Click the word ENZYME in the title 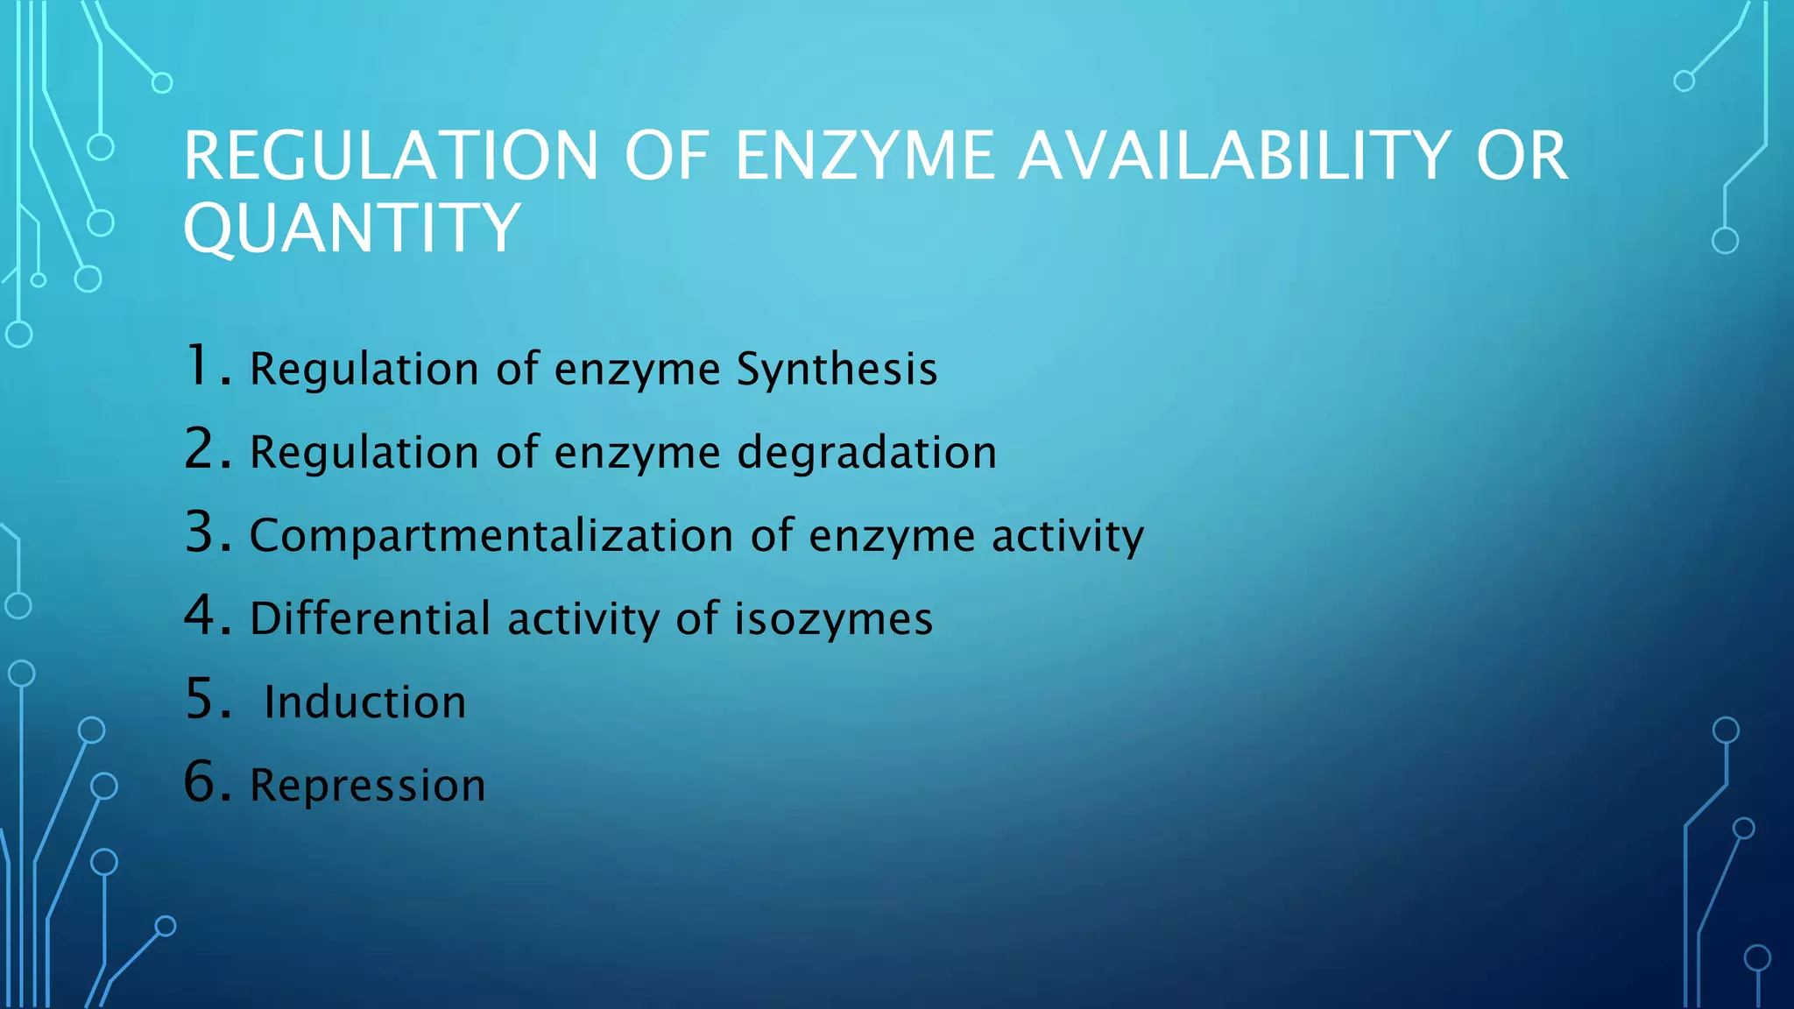pyautogui.click(x=865, y=156)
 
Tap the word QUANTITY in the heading pyautogui.click(x=352, y=228)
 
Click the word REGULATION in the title pyautogui.click(x=391, y=156)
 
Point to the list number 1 pyautogui.click(x=207, y=366)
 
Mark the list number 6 pyautogui.click(x=207, y=782)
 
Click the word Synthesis pyautogui.click(x=837, y=369)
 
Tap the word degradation pyautogui.click(x=866, y=452)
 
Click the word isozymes pyautogui.click(x=833, y=618)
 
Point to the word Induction pyautogui.click(x=365, y=702)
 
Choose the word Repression pyautogui.click(x=368, y=786)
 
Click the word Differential pyautogui.click(x=370, y=618)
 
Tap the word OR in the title pyautogui.click(x=1522, y=156)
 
